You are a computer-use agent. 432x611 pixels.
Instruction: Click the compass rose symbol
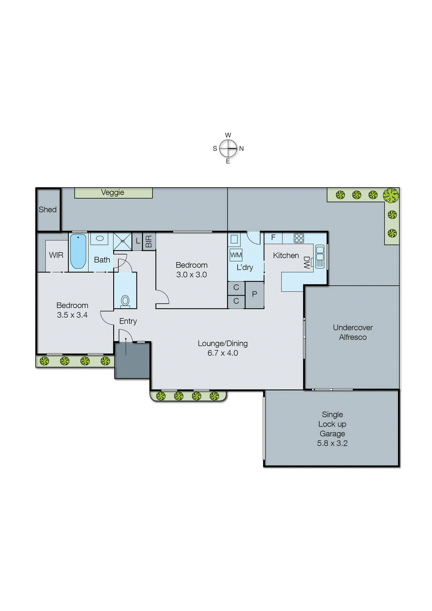point(228,148)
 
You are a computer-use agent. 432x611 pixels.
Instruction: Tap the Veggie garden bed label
point(113,192)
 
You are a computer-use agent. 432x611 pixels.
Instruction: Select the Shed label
point(48,209)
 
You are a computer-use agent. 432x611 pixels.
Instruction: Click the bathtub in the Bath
point(78,251)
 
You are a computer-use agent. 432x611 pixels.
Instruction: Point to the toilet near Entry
point(125,301)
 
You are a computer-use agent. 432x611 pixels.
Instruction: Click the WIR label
point(56,255)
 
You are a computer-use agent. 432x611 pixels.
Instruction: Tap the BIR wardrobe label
point(149,241)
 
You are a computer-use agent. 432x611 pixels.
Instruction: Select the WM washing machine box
point(236,255)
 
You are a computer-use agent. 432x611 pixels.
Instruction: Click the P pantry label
point(255,294)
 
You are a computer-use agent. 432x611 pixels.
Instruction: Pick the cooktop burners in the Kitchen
point(299,238)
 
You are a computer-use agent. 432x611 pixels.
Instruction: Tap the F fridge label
point(273,238)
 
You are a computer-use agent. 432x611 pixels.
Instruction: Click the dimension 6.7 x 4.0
point(223,353)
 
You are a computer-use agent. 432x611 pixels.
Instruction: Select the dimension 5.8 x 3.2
point(332,443)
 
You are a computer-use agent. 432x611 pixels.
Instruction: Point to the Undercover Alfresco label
point(353,332)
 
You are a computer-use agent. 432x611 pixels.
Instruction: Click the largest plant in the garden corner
point(391,195)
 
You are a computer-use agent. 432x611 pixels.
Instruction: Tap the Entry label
point(128,321)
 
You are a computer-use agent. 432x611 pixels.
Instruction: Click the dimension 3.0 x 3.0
point(191,275)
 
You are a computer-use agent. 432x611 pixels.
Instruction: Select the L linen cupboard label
point(138,241)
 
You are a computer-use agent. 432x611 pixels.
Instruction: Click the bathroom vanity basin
point(100,238)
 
